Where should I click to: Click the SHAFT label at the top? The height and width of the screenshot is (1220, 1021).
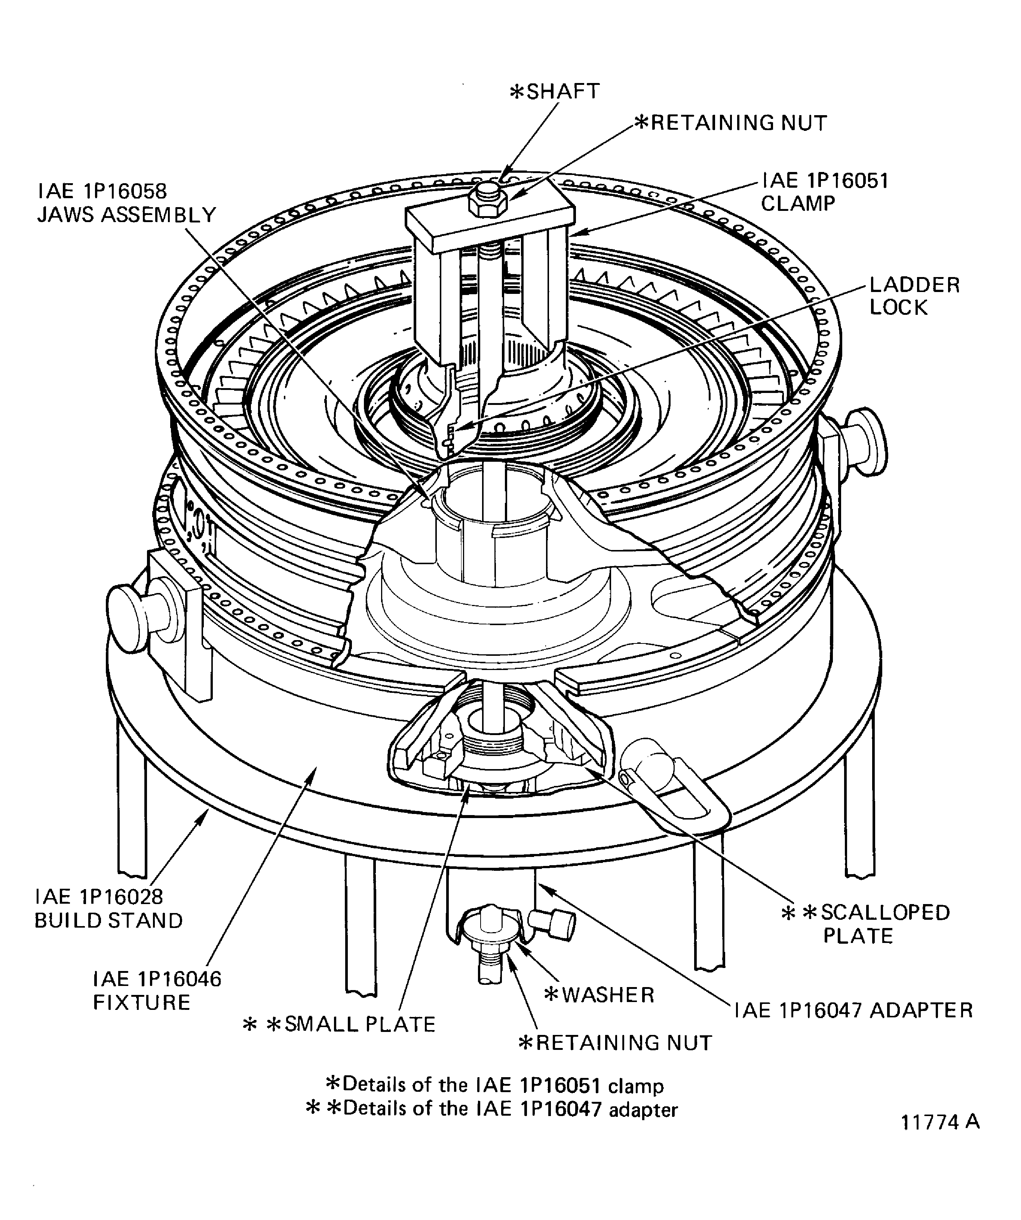tap(555, 92)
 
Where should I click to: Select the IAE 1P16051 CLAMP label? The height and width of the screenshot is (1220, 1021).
tap(825, 192)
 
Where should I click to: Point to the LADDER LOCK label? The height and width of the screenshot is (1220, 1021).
tap(914, 296)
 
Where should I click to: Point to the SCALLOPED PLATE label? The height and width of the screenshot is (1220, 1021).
tap(866, 924)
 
